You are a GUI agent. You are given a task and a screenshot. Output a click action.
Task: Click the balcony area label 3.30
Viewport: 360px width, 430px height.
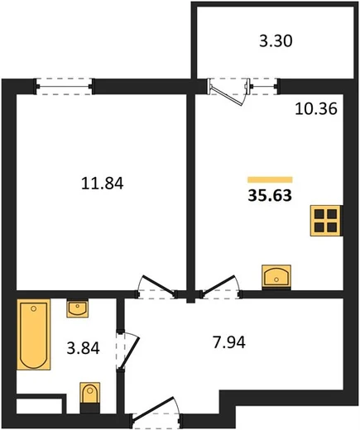276,41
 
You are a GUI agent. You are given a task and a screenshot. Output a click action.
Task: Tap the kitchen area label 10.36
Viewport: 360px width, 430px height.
316,108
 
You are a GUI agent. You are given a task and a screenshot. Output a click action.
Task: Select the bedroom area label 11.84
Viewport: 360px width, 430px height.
102,184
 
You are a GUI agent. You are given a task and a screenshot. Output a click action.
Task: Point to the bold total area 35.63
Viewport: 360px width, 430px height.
270,195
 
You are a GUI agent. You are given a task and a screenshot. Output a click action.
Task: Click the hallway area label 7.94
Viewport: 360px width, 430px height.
229,342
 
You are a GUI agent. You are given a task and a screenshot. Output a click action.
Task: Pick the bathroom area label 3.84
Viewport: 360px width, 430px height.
83,348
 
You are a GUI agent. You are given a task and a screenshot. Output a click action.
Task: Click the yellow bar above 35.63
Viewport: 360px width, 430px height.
270,179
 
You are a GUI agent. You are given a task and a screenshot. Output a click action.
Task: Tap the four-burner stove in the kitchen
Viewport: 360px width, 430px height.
326,221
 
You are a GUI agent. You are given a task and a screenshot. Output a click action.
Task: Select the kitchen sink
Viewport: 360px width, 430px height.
276,277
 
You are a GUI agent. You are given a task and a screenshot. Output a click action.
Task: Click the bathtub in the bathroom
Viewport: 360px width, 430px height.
34,334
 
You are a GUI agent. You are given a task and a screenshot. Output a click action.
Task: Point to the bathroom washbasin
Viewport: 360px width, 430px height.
78,308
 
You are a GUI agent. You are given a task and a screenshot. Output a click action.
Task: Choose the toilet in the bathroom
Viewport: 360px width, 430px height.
89,398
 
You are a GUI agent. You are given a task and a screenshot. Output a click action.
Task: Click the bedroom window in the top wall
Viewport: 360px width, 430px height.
64,87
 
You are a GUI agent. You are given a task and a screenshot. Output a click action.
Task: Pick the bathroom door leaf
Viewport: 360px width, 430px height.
130,351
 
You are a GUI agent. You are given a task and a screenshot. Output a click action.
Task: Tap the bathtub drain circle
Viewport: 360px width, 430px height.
34,308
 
